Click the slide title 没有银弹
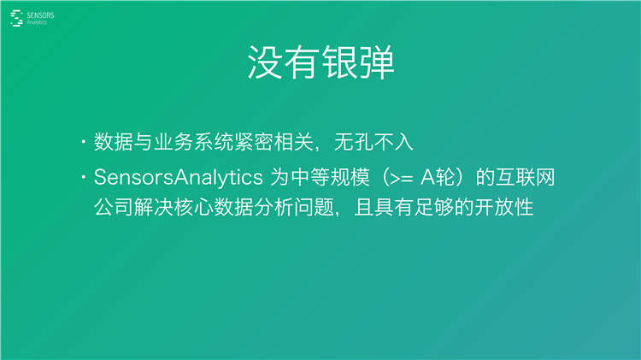(320, 63)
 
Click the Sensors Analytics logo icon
(16, 18)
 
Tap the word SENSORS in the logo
(39, 15)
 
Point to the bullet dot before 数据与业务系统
(83, 141)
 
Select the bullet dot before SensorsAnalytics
(83, 178)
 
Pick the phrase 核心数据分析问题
(249, 208)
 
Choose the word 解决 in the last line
(148, 208)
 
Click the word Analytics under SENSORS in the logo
(38, 22)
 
